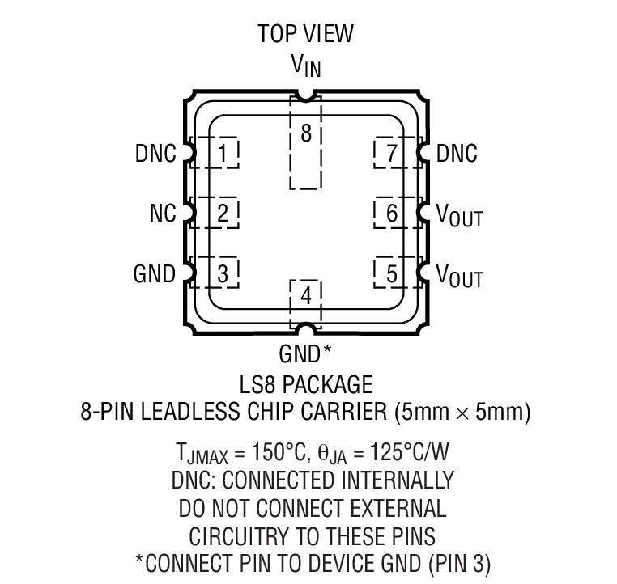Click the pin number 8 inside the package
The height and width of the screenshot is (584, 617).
pos(306,134)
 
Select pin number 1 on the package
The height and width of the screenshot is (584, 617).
pos(223,152)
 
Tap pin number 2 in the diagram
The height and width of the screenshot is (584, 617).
pos(223,213)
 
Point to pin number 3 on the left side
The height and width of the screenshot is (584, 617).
pos(223,273)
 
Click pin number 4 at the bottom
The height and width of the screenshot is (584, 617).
pos(306,296)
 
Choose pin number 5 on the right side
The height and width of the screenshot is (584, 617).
pos(392,273)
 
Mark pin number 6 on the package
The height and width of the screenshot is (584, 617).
pos(392,213)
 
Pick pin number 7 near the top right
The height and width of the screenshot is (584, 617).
pos(392,152)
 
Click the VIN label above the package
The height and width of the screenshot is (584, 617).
pos(306,66)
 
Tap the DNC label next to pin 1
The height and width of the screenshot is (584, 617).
pos(155,153)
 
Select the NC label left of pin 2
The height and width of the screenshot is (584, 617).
pos(162,214)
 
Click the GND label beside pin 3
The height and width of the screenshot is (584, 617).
pos(154,274)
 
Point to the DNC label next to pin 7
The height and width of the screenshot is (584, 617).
pos(457,153)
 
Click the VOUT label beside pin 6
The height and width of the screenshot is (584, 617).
pos(459,215)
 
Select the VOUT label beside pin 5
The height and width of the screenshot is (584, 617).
pos(459,276)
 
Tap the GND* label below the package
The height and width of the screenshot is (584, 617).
pos(305,353)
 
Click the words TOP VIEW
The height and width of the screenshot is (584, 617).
pos(306,33)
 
